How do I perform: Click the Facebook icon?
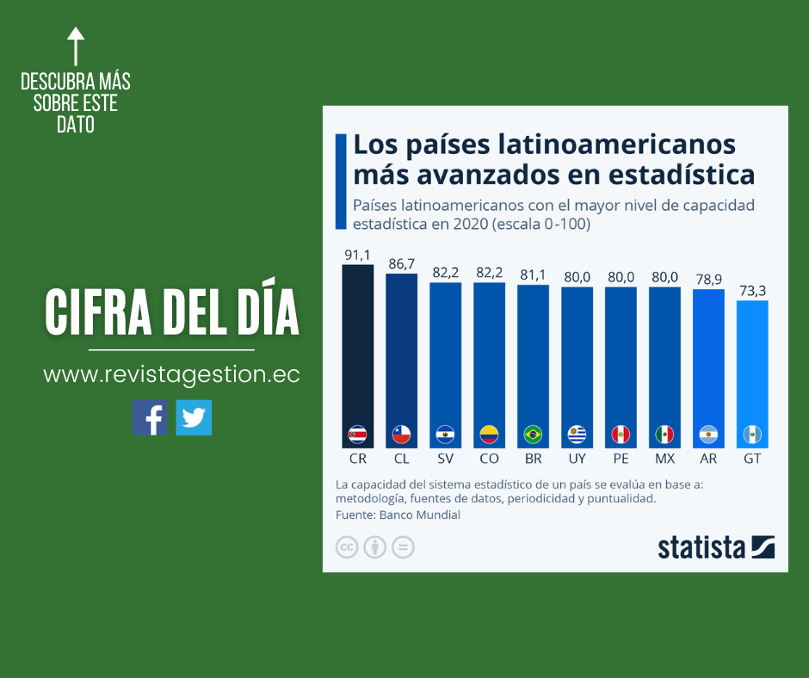click(x=150, y=417)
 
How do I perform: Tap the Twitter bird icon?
click(x=194, y=417)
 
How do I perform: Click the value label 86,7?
click(x=402, y=264)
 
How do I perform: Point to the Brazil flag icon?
click(x=533, y=434)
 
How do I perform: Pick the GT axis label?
click(x=752, y=459)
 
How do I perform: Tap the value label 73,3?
click(x=752, y=291)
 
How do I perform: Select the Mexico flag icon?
click(x=664, y=434)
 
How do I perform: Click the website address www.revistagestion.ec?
click(x=171, y=375)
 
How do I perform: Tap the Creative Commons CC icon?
click(x=347, y=547)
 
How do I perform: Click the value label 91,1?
click(x=358, y=255)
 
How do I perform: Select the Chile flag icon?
click(x=402, y=434)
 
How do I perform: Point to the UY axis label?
click(x=577, y=459)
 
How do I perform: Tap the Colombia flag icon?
click(x=489, y=434)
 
